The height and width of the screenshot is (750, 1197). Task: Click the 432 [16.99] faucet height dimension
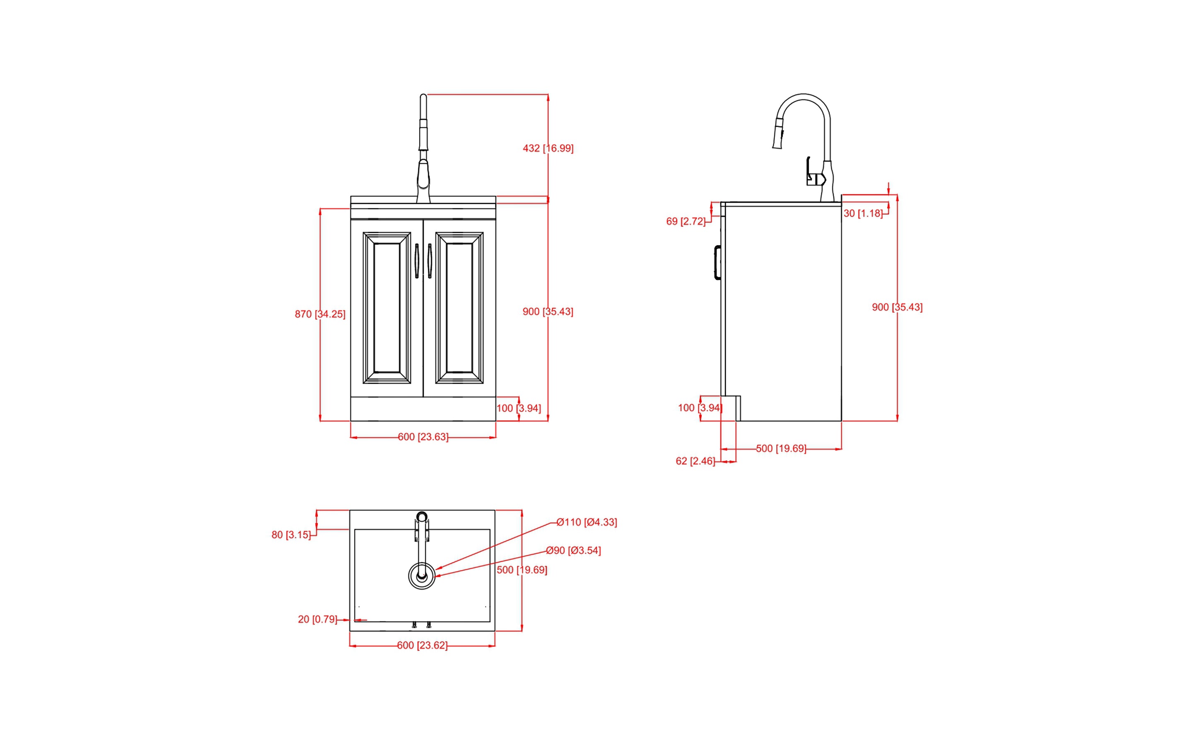548,148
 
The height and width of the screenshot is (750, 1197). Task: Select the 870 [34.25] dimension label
320,314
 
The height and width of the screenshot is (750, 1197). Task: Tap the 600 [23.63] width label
423,437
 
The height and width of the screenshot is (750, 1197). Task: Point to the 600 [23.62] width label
422,645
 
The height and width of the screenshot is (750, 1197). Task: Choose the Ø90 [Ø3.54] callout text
573,551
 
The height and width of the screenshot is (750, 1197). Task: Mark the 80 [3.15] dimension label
291,535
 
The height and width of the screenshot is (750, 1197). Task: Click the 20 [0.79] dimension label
317,619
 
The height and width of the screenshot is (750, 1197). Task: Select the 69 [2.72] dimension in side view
685,222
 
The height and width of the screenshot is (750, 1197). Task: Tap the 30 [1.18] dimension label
863,213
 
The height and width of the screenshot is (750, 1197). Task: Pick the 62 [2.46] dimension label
695,461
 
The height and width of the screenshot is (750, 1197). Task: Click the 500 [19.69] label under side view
781,448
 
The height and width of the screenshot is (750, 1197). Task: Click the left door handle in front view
417,261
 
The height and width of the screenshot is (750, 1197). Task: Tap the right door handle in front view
430,261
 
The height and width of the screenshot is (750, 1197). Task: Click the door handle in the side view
717,262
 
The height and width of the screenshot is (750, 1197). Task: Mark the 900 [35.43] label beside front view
548,312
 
